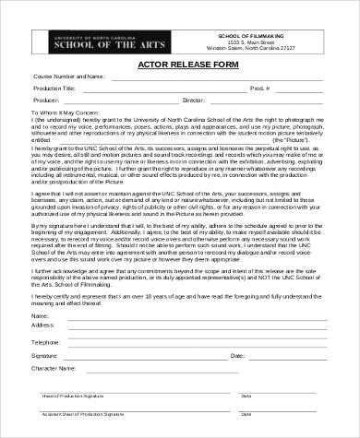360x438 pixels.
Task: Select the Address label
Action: pos(43,325)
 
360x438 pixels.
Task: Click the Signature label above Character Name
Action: pos(45,354)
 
